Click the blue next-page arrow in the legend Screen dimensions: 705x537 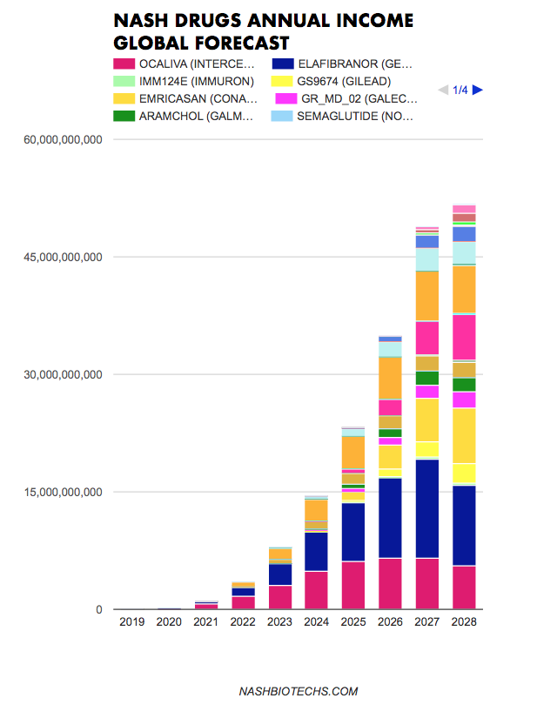pos(477,90)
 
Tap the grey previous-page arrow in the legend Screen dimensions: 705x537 pos(443,90)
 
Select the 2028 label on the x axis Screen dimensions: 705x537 pos(464,622)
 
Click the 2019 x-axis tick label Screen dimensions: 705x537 pos(132,622)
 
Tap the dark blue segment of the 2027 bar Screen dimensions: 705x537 pos(426,508)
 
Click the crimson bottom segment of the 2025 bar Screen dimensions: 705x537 pos(353,585)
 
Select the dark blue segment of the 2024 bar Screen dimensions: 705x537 pos(316,551)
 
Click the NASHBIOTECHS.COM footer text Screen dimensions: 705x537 pos(299,691)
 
